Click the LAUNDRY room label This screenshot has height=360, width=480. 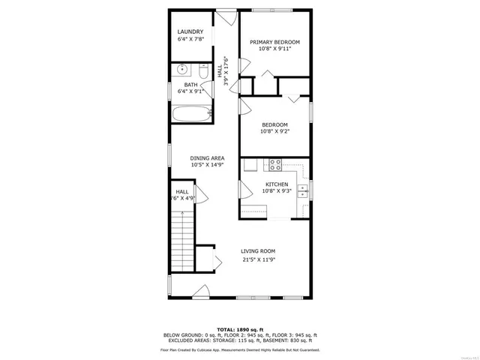pyautogui.click(x=190, y=31)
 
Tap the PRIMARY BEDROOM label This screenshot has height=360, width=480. pyautogui.click(x=274, y=43)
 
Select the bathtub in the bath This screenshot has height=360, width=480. pyautogui.click(x=190, y=115)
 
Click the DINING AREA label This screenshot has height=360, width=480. pyautogui.click(x=207, y=158)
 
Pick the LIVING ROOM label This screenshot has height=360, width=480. pyautogui.click(x=258, y=251)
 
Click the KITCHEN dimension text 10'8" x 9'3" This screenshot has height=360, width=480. pyautogui.click(x=277, y=190)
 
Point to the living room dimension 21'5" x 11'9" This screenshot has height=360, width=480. pyautogui.click(x=258, y=260)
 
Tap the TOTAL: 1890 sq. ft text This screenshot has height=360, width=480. pyautogui.click(x=239, y=329)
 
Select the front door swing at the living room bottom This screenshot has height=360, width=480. pyautogui.click(x=200, y=292)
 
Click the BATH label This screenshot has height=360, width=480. pyautogui.click(x=190, y=85)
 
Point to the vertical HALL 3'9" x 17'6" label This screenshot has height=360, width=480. pyautogui.click(x=223, y=72)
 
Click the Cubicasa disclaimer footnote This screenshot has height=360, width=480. pyautogui.click(x=239, y=349)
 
